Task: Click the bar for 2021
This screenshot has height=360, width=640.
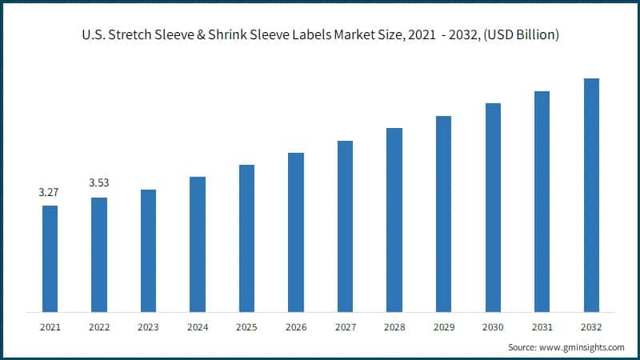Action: coord(50,258)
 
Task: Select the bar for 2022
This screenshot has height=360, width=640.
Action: coord(99,254)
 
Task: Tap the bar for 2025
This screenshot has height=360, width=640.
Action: coord(246,238)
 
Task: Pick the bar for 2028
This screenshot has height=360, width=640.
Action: coord(394,219)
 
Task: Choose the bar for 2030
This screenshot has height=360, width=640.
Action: coord(493,207)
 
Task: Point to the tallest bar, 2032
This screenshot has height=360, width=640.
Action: coord(591,195)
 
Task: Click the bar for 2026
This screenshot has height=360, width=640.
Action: coord(296,232)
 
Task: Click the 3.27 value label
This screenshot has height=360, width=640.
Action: coord(50,193)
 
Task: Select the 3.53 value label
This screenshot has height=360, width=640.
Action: coord(99,183)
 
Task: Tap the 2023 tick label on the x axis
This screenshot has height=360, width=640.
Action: coord(148,327)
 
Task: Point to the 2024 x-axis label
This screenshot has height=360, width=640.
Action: coord(198,327)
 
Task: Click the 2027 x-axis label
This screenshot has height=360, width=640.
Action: coord(345,327)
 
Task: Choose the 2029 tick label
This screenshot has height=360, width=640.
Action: coord(443,327)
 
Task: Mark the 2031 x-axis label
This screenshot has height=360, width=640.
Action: coord(542,327)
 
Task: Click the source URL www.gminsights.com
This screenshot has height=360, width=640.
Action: coord(580,348)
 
